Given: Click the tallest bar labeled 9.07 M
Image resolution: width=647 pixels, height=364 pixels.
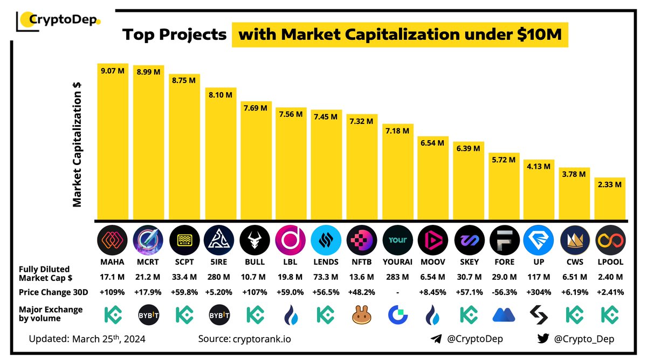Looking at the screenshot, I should click(x=113, y=140).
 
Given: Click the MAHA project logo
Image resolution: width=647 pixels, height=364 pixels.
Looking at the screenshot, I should click(x=113, y=241).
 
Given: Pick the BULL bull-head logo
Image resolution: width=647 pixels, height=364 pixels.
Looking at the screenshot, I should click(x=255, y=241).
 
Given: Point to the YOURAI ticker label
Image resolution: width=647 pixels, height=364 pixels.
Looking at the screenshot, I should click(x=397, y=262).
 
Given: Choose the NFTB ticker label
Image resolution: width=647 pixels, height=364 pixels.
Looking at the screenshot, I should click(x=362, y=262).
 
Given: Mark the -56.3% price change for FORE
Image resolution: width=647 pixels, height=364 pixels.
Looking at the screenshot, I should click(x=504, y=293).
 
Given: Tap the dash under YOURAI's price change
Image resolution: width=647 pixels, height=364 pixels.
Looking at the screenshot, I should click(x=397, y=293).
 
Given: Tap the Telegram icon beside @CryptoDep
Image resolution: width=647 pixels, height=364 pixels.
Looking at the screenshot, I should click(x=436, y=339).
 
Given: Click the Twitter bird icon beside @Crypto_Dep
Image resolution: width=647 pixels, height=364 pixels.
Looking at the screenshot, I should click(x=543, y=339).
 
